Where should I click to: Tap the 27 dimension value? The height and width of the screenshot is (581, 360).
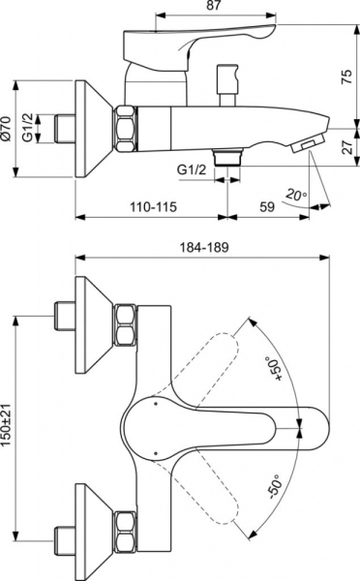(345, 146)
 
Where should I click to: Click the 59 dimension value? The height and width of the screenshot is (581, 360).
(265, 205)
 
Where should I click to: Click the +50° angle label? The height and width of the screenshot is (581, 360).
(273, 369)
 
